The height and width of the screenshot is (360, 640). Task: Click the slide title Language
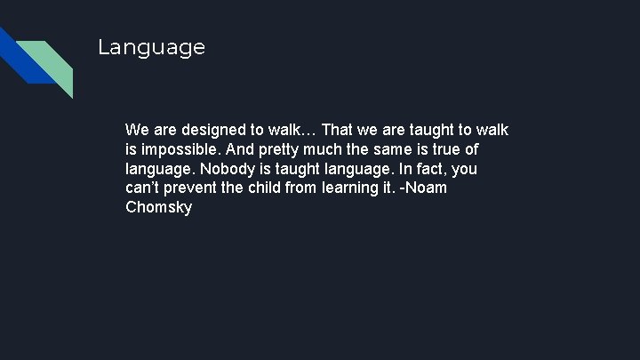click(x=151, y=47)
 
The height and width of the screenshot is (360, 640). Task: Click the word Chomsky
click(x=158, y=208)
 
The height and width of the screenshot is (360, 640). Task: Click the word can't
click(x=143, y=188)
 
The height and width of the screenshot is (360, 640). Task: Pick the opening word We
click(x=137, y=131)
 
